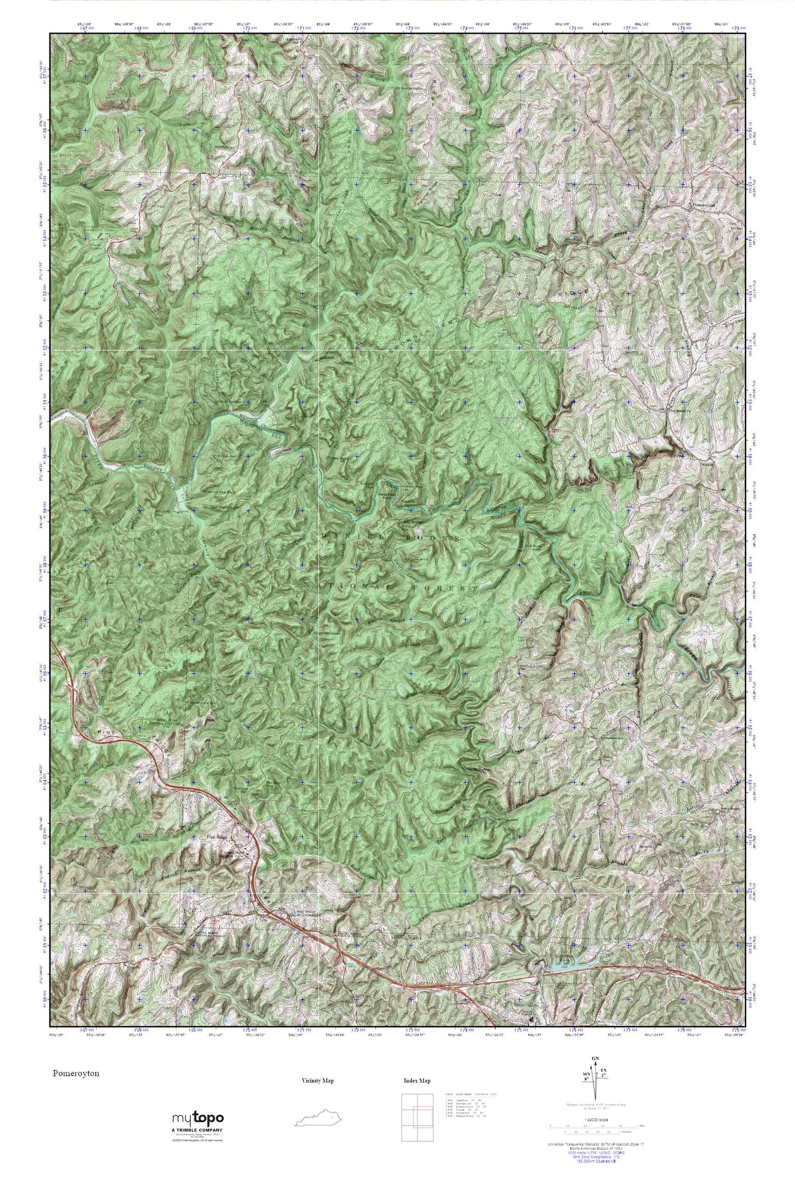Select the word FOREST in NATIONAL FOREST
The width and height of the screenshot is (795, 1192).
pyautogui.click(x=451, y=588)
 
